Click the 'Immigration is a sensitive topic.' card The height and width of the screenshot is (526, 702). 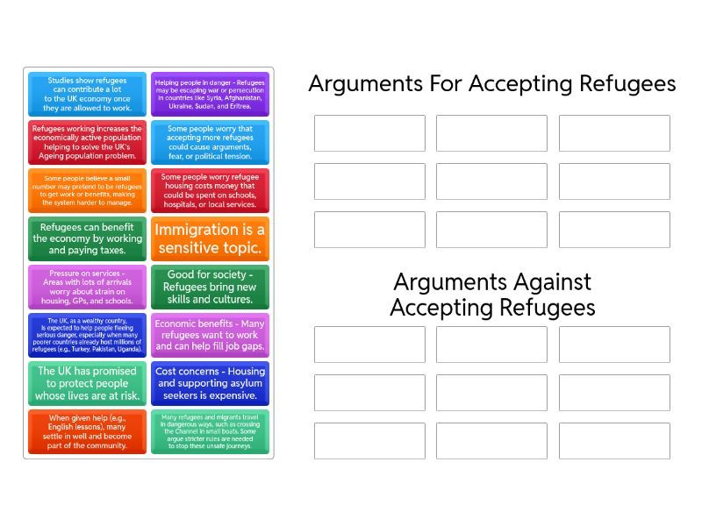click(x=210, y=238)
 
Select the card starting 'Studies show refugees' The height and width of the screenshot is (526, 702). click(x=87, y=94)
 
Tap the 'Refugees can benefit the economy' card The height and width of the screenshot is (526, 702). click(x=87, y=238)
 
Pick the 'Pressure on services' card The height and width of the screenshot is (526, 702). click(x=87, y=287)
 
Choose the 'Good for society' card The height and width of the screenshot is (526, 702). click(x=210, y=287)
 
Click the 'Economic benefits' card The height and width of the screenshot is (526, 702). click(x=210, y=335)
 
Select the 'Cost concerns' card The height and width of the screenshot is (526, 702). click(x=210, y=383)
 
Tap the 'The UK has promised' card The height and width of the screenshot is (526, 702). click(x=87, y=383)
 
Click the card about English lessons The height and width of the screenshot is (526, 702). click(x=87, y=431)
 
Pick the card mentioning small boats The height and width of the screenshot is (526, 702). click(x=210, y=431)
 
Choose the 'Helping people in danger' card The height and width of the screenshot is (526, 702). click(x=210, y=94)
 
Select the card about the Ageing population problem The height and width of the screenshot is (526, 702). click(x=87, y=142)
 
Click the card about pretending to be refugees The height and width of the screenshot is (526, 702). click(x=87, y=190)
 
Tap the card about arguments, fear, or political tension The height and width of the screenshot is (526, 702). click(x=210, y=142)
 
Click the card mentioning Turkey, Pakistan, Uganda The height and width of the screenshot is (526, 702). click(x=87, y=335)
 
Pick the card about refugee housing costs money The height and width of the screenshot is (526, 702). click(x=210, y=190)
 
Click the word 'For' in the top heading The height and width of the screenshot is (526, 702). click(x=443, y=84)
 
